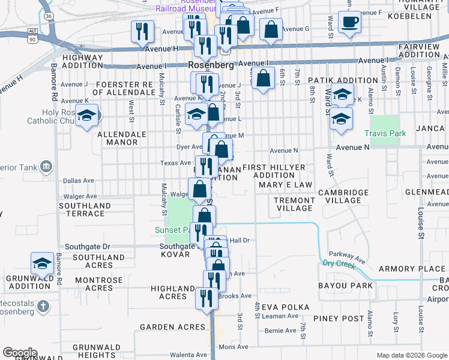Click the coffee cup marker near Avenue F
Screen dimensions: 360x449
349,23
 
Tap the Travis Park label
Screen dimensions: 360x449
385,133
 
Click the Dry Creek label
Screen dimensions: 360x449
339,263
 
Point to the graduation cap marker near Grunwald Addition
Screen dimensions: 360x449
42,263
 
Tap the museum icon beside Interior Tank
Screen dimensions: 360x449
46,166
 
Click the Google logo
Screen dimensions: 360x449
19,353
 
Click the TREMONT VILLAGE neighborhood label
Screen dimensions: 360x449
294,204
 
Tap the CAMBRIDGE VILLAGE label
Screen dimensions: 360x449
343,196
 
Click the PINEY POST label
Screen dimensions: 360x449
343,319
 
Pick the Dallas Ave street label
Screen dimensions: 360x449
79,180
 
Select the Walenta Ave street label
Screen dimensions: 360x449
188,355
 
